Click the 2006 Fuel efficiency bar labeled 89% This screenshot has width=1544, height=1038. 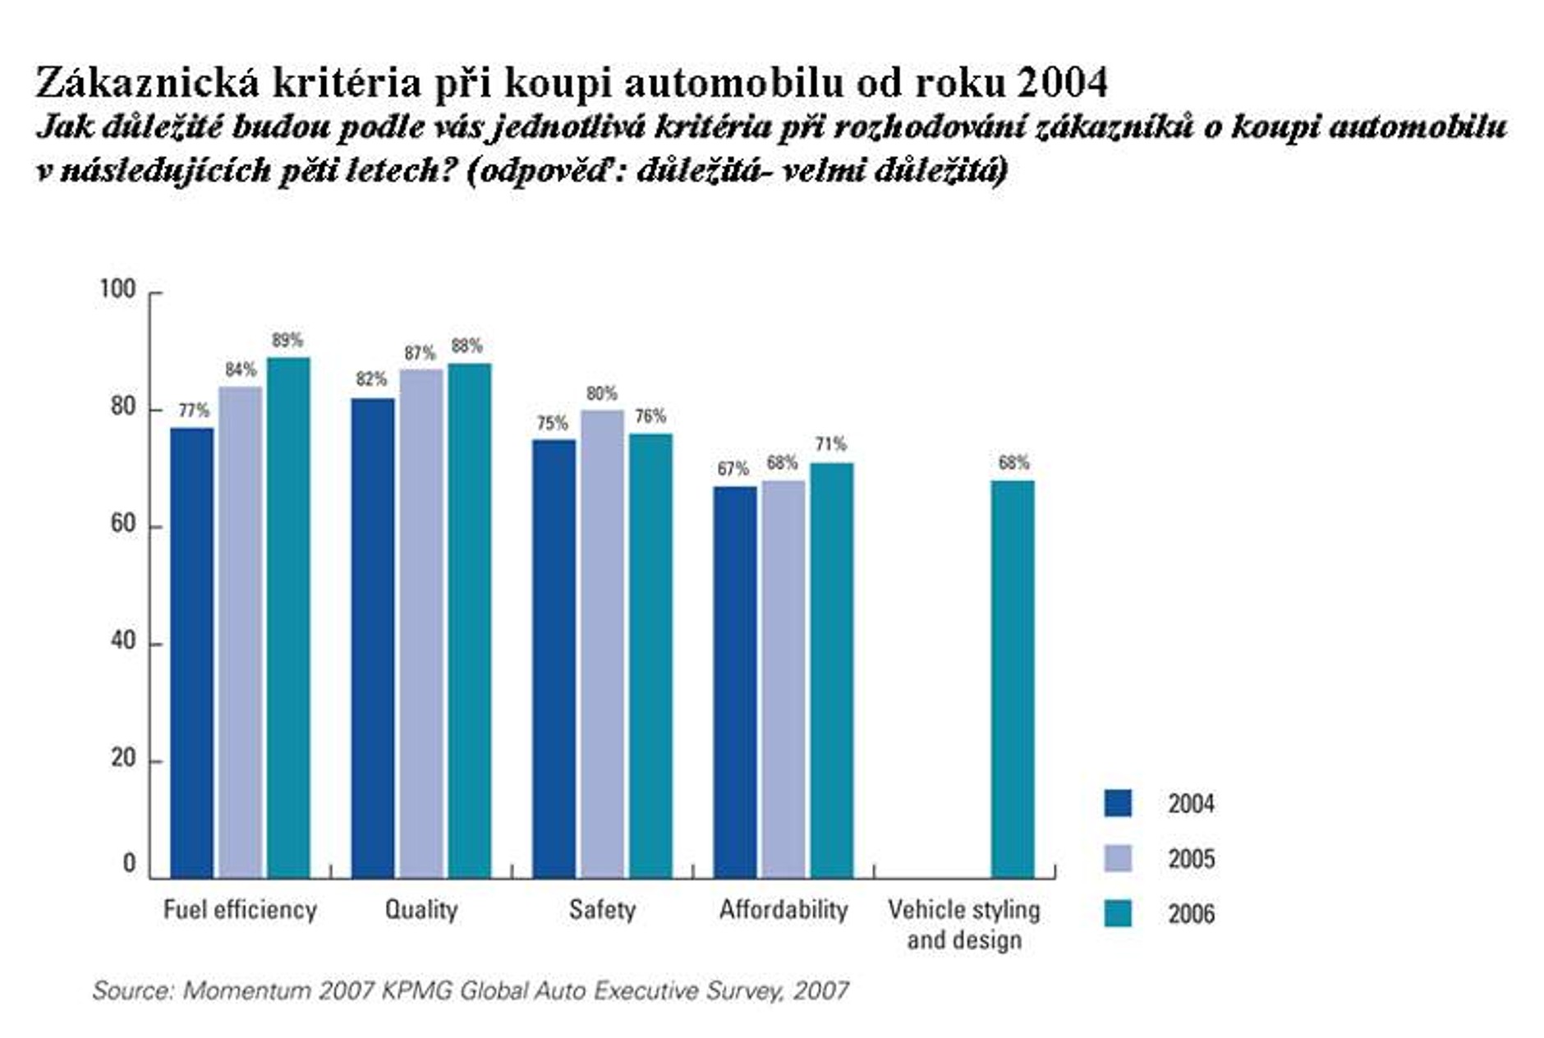(288, 616)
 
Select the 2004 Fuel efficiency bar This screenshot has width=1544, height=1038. (191, 652)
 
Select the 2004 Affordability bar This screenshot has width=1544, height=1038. (734, 682)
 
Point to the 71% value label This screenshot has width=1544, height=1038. (830, 444)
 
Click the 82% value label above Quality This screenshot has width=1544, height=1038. (371, 379)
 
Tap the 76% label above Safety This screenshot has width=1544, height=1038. (650, 416)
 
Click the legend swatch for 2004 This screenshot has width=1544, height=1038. (1118, 803)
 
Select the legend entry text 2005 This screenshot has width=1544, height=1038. (1191, 859)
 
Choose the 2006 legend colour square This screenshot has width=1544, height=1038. (1118, 913)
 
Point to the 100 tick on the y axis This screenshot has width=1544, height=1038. (117, 289)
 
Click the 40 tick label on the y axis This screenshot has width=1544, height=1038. (123, 641)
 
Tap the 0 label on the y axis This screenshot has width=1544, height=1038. (129, 863)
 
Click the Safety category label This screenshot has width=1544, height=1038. (602, 910)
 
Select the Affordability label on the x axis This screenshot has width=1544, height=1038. (783, 910)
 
